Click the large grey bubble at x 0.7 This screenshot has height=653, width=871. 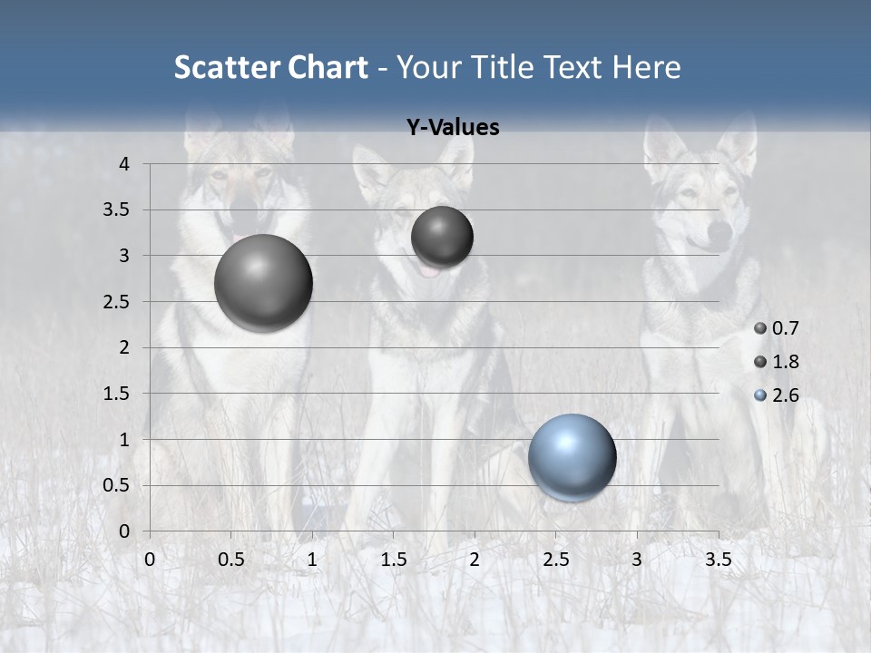tap(263, 283)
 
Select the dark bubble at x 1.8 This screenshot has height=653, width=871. tap(442, 238)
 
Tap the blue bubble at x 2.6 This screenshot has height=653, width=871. tap(572, 457)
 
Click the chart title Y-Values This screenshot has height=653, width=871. tap(453, 127)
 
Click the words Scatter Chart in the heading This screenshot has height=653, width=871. tap(270, 67)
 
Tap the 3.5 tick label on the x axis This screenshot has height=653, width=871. tap(718, 560)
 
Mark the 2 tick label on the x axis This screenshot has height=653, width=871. tap(475, 560)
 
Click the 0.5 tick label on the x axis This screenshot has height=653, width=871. tap(230, 560)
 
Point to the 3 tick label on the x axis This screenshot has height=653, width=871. tap(637, 560)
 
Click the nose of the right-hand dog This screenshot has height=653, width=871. tap(719, 233)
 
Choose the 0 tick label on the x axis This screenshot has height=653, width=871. tap(150, 560)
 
